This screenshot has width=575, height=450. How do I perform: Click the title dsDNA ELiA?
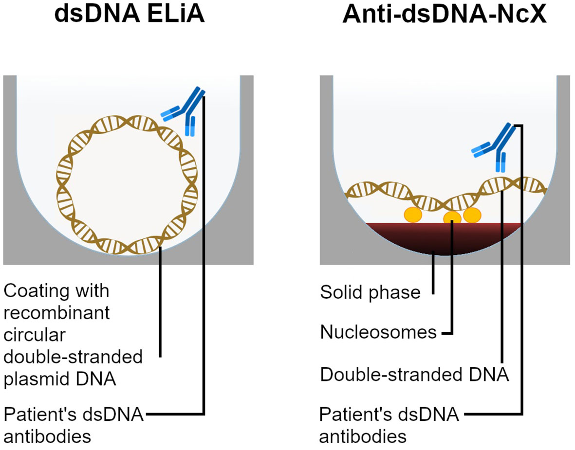point(130,15)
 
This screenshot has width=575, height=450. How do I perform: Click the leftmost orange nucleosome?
point(413,214)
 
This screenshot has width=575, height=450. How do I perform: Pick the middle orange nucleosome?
point(452,218)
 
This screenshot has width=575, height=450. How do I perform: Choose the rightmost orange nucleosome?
point(472,214)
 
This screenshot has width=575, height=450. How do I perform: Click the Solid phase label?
point(370,292)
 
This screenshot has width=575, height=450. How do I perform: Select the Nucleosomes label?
point(379,332)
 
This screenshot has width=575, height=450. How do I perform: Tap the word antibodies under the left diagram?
point(47,436)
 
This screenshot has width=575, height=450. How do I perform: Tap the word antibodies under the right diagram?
point(363,436)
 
